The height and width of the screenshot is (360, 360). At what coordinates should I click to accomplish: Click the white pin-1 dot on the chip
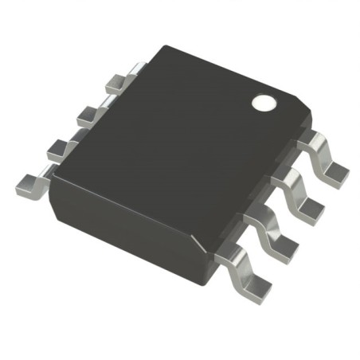click(x=261, y=103)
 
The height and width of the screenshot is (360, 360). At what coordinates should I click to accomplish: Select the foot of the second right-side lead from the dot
click(x=313, y=209)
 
